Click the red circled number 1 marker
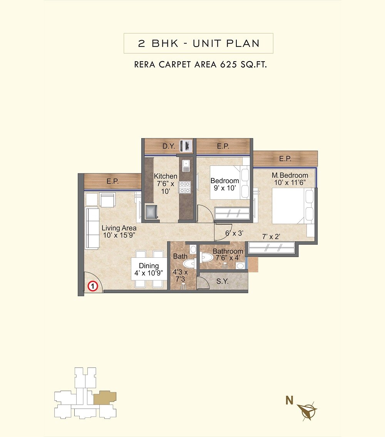pyautogui.click(x=92, y=286)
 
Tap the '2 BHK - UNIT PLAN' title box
pyautogui.click(x=198, y=43)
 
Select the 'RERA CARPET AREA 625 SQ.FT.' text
pyautogui.click(x=200, y=65)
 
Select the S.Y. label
pyautogui.click(x=222, y=281)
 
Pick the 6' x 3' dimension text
pyautogui.click(x=234, y=233)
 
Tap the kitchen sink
pyautogui.click(x=186, y=165)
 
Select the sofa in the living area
pyautogui.click(x=92, y=228)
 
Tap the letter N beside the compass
pyautogui.click(x=289, y=400)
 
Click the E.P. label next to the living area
pyautogui.click(x=112, y=181)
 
